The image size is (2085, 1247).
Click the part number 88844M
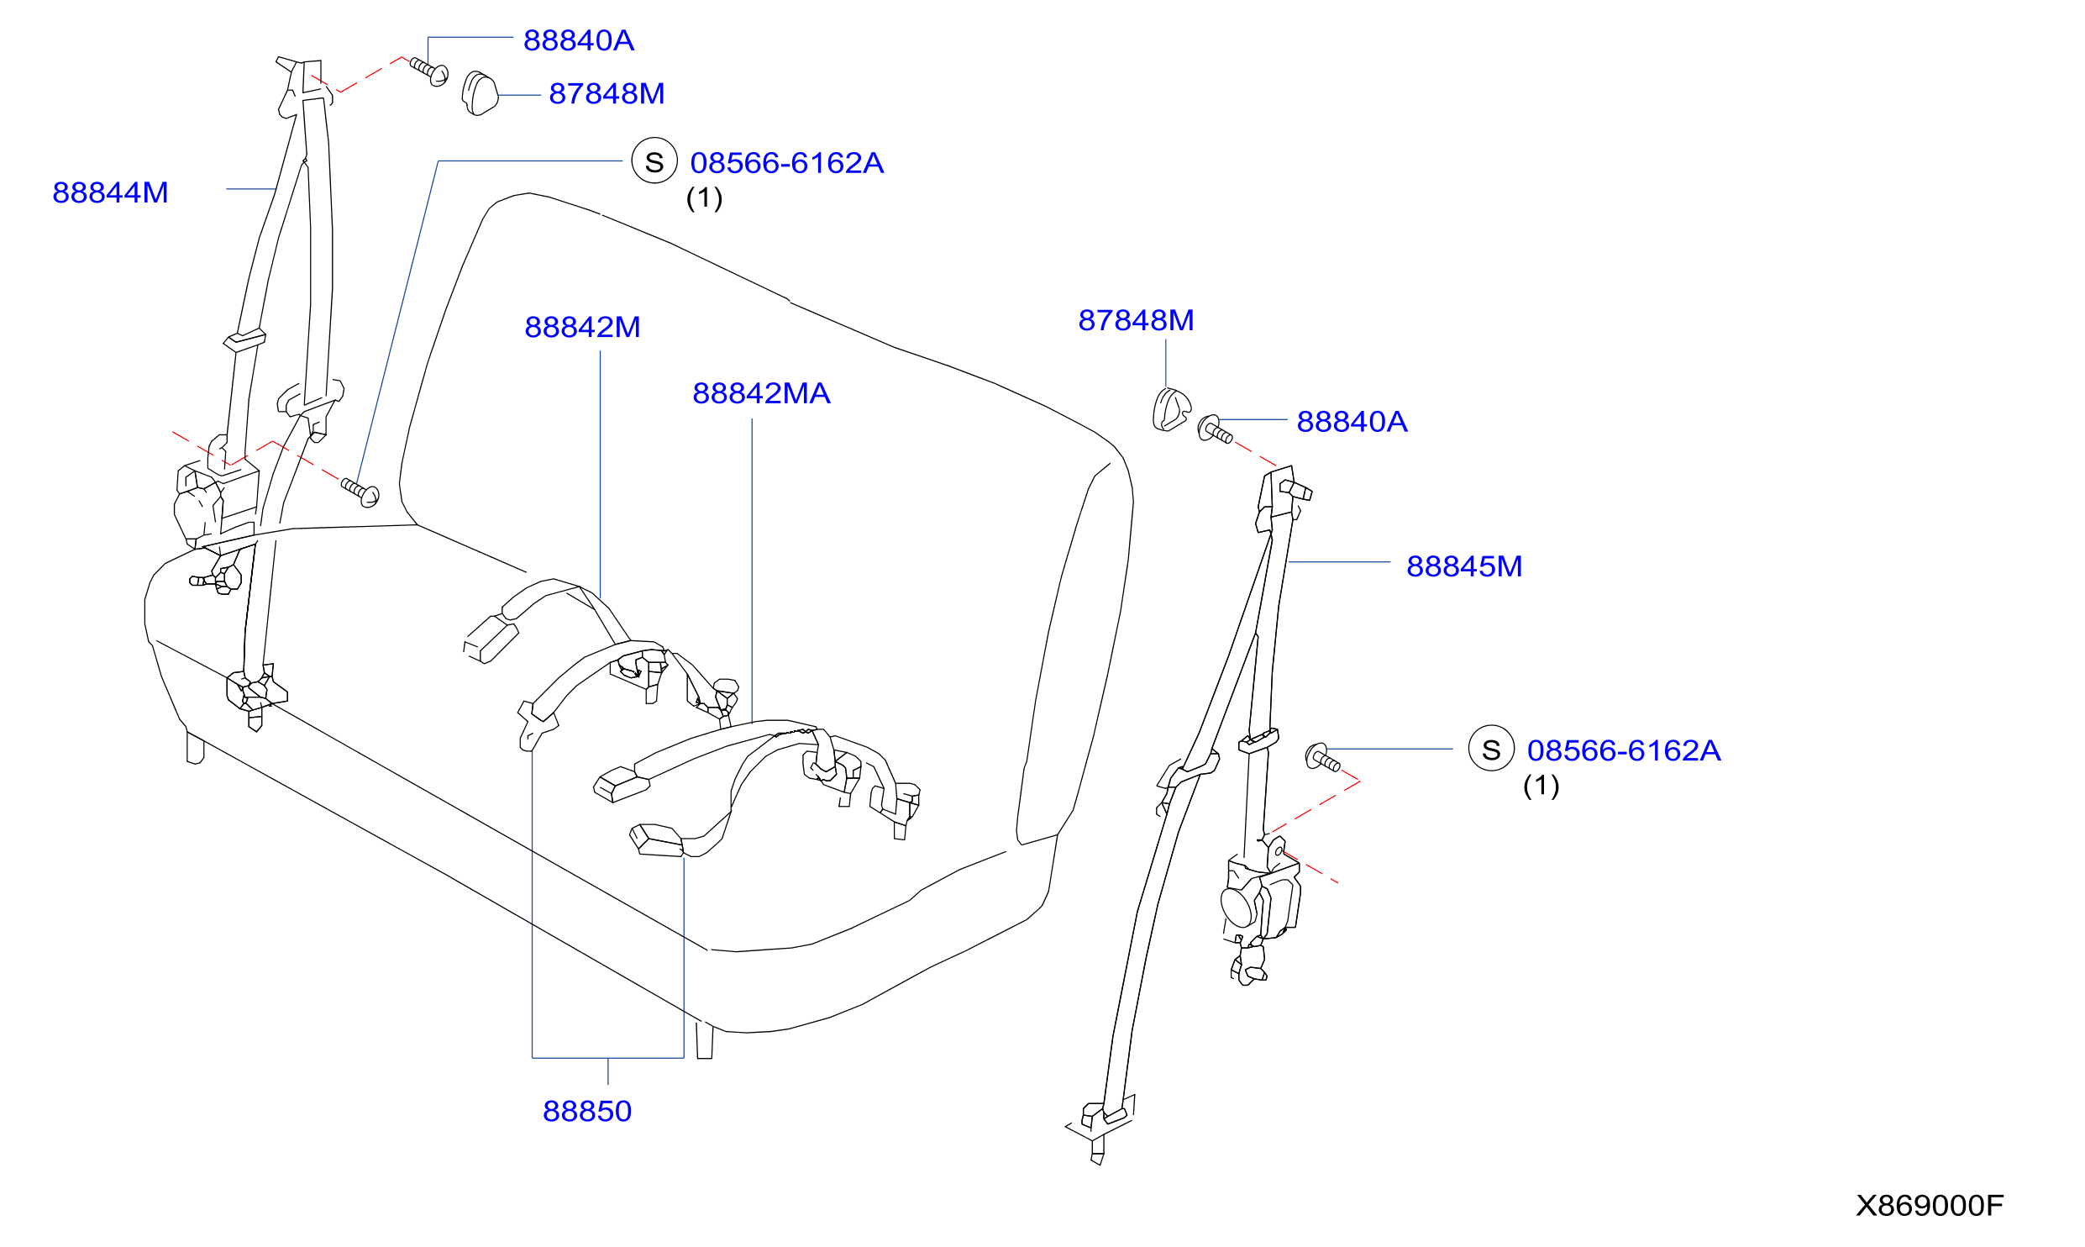pyautogui.click(x=110, y=192)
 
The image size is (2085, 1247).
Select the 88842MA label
pyautogui.click(x=761, y=393)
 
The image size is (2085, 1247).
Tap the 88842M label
pyautogui.click(x=582, y=327)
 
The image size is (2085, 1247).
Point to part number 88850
pyautogui.click(x=587, y=1111)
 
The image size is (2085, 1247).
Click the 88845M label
pyautogui.click(x=1464, y=566)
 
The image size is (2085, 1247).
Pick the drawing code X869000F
pyautogui.click(x=1930, y=1206)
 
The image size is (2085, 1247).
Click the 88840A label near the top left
pyautogui.click(x=579, y=40)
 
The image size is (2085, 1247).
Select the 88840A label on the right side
pyautogui.click(x=1352, y=422)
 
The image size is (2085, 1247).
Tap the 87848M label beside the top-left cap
pyautogui.click(x=607, y=93)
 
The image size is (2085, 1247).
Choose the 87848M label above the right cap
pyautogui.click(x=1136, y=320)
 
